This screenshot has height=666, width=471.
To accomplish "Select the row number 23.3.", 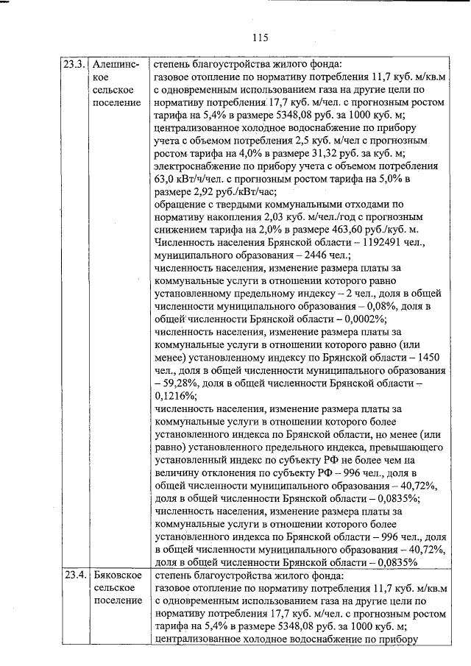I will pyautogui.click(x=74, y=63).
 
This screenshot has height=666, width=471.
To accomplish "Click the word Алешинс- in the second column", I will pyautogui.click(x=116, y=63).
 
